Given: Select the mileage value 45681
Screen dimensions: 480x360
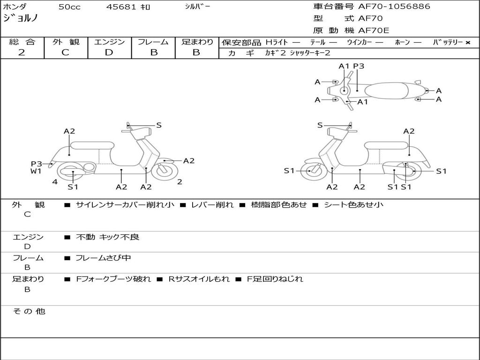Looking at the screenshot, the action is (121, 7).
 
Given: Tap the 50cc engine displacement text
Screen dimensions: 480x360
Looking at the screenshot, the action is (68, 7).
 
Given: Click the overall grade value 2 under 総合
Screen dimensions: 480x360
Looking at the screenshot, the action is (22, 52).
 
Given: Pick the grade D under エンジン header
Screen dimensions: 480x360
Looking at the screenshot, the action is (109, 52).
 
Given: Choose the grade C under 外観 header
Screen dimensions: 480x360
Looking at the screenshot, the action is (66, 52).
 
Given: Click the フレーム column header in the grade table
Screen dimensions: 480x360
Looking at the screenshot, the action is (153, 42).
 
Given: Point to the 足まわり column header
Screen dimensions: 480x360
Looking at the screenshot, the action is (197, 42).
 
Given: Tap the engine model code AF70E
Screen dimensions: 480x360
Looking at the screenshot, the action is (374, 31).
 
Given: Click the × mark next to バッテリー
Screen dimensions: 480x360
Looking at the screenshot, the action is (467, 42).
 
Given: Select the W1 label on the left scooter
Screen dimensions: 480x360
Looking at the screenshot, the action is (36, 171).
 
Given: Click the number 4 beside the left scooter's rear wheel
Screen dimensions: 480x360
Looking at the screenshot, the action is (55, 182).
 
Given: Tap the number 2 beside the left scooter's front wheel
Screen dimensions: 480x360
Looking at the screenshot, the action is (180, 182).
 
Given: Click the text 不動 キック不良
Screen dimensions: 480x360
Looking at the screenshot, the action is (107, 237).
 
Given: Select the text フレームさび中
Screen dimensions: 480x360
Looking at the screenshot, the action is (103, 258).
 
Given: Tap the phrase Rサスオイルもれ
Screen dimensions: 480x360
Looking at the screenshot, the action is (199, 279).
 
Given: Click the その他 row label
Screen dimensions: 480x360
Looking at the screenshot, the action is (29, 311).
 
